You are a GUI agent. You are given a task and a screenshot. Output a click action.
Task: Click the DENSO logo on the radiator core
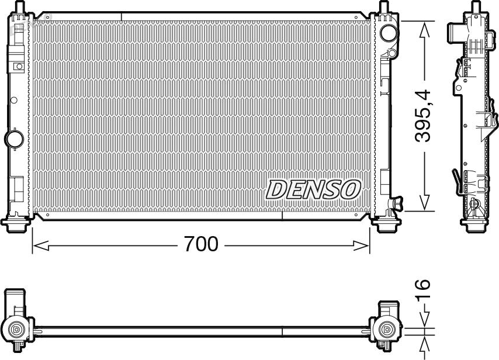(313, 189)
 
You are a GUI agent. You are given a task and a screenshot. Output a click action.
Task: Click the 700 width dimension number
(201, 244)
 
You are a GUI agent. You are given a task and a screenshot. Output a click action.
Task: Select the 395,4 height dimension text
(422, 116)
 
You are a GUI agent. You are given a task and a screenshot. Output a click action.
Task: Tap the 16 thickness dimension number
(422, 289)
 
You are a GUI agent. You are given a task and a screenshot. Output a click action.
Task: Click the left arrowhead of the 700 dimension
(40, 245)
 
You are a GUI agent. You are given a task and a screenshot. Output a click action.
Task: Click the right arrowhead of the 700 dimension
(362, 245)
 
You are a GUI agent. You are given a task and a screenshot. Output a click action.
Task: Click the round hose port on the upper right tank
(389, 33)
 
